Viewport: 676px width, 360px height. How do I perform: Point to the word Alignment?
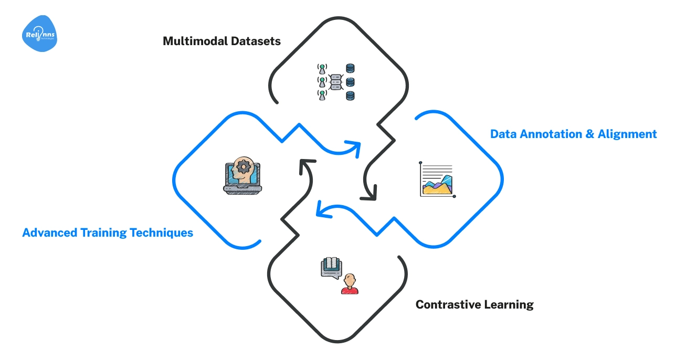click(627, 134)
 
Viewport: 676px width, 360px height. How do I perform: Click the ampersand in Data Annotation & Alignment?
click(590, 134)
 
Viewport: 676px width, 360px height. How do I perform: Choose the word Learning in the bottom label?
click(508, 304)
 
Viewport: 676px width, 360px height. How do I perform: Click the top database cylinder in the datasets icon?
click(350, 68)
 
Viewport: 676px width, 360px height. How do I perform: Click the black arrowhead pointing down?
click(369, 195)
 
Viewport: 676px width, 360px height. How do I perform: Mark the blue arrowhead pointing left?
click(322, 209)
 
